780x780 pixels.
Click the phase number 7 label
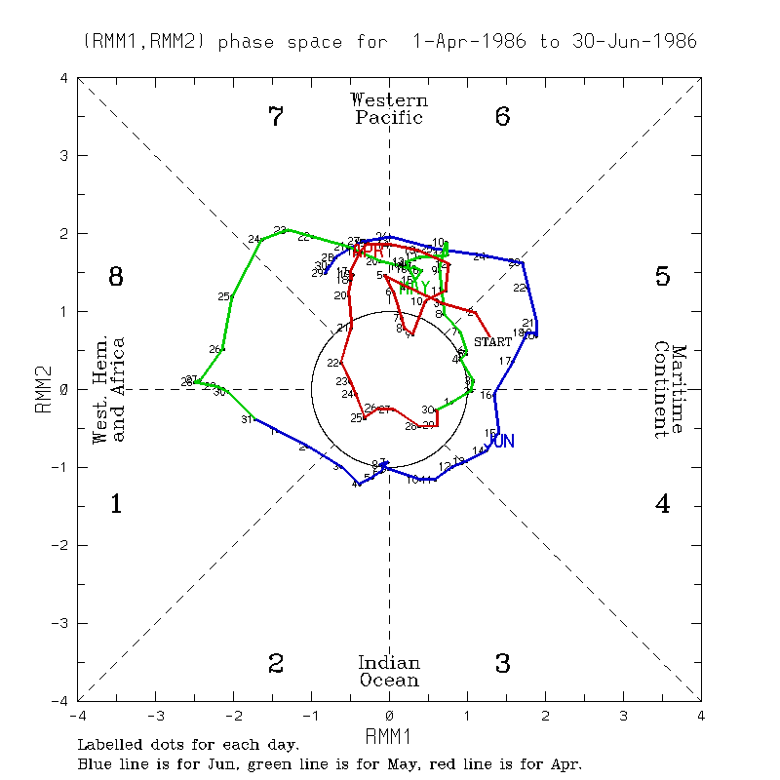click(276, 117)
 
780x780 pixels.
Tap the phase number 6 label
click(503, 117)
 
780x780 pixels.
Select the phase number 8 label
click(115, 277)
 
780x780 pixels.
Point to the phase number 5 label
click(662, 277)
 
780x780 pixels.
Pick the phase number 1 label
click(115, 504)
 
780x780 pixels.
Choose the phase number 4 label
click(662, 504)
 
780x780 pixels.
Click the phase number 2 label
click(276, 664)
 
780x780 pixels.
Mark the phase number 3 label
click(503, 664)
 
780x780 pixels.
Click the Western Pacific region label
click(389, 108)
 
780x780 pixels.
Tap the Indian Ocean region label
click(389, 672)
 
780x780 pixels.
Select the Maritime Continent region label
click(670, 389)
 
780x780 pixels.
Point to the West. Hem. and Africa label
click(109, 389)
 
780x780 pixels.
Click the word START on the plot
click(492, 341)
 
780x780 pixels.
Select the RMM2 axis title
click(42, 389)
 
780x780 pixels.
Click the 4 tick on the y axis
click(64, 78)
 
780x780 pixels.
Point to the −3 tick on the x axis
click(155, 716)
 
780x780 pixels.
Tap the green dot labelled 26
click(223, 349)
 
